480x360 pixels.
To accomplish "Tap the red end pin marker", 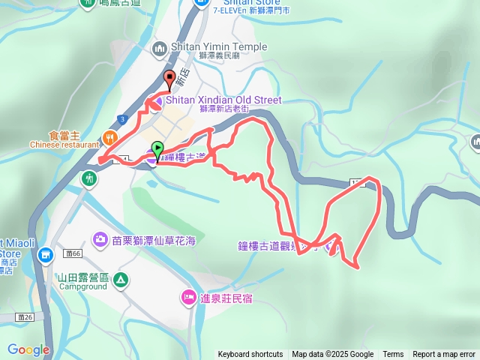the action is coord(169,78).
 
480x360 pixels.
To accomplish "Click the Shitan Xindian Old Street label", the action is coord(223,100).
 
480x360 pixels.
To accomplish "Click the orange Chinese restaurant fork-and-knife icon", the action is coord(109,136).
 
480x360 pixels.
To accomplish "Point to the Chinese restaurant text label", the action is coord(64,145).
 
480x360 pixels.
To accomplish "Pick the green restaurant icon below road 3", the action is coord(89,178).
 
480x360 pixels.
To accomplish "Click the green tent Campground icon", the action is coord(121,281).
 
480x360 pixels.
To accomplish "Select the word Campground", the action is coord(82,286).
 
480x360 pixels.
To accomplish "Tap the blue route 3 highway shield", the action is coord(121,119).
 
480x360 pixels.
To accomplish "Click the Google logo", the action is coord(28,349).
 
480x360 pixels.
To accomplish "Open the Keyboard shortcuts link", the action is coord(250,355).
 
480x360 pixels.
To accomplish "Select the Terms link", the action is coord(393,355).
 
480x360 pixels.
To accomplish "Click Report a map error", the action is coord(444,355).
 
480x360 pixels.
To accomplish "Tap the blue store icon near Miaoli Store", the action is coord(45,256).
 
